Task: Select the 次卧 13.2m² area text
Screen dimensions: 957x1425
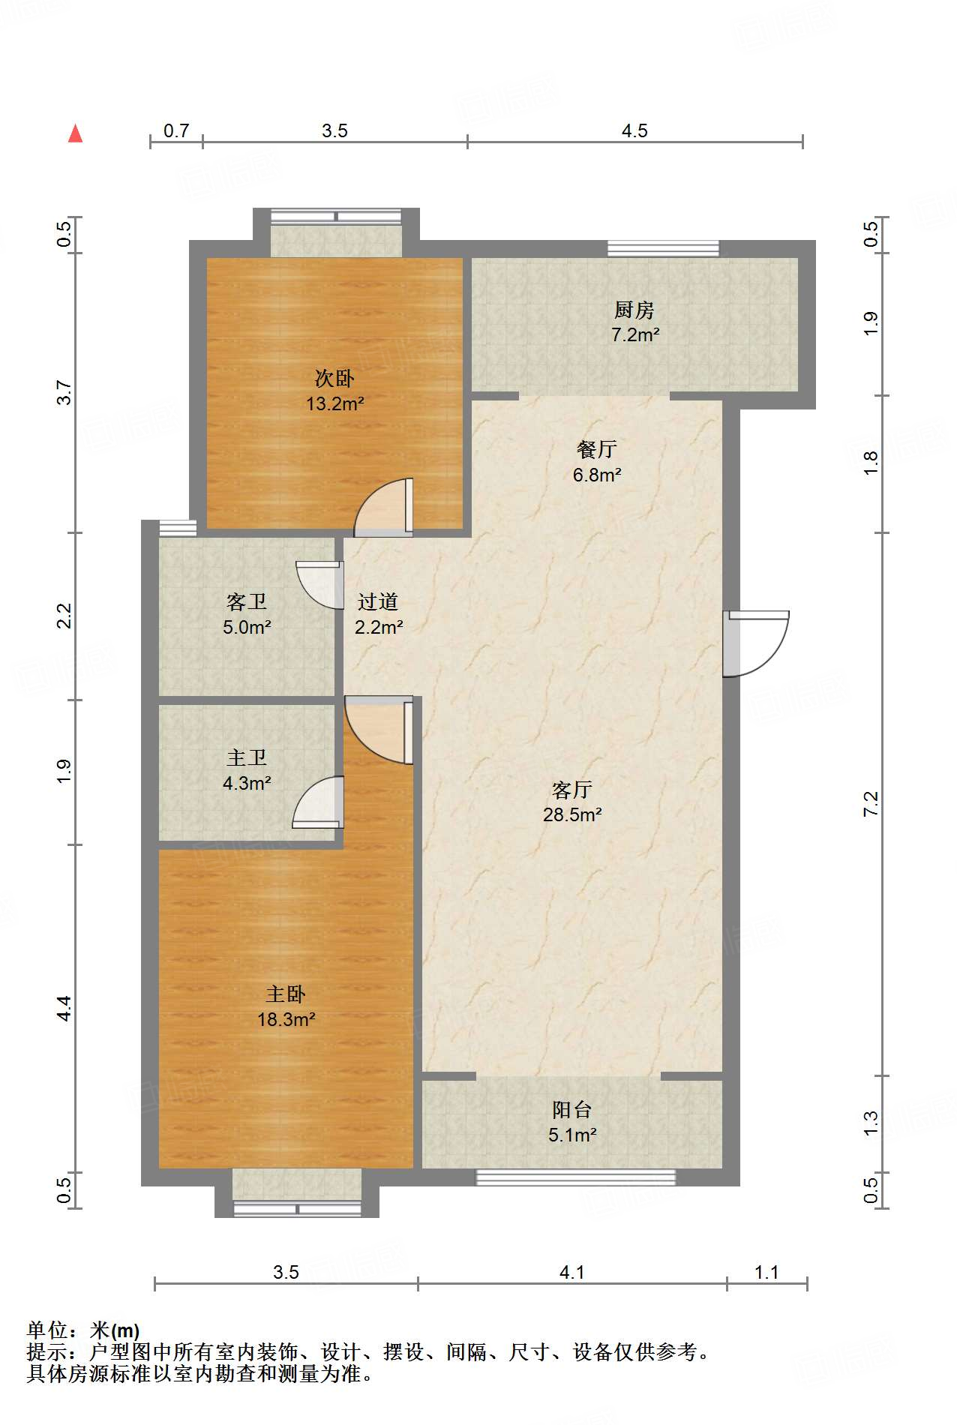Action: pos(334,391)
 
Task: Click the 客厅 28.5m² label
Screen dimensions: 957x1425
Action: pos(572,802)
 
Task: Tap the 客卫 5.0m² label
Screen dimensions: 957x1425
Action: pos(247,614)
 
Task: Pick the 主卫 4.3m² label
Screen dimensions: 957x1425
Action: pos(247,770)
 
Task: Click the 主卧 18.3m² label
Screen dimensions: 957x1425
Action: pos(286,1006)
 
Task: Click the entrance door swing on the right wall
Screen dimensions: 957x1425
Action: pos(756,643)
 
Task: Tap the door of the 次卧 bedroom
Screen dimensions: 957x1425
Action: pos(383,507)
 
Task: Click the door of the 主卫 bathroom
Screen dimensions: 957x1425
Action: pos(318,802)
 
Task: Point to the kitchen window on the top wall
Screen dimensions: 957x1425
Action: pos(663,248)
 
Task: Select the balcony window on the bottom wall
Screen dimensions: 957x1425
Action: pos(576,1177)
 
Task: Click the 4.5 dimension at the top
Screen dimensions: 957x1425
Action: pos(634,131)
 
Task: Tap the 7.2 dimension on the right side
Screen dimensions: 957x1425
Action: pos(871,804)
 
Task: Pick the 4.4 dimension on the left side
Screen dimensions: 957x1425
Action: pos(64,1008)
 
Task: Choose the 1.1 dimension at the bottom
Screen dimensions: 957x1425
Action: pos(766,1273)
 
